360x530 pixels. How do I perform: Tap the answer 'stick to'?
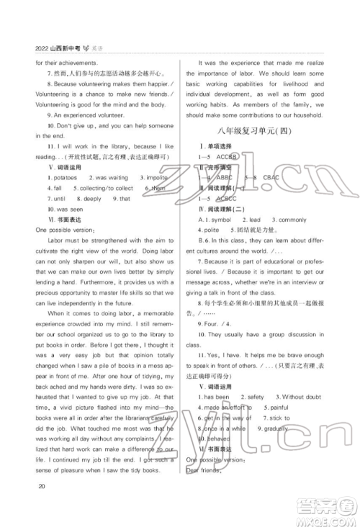(x=279, y=418)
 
